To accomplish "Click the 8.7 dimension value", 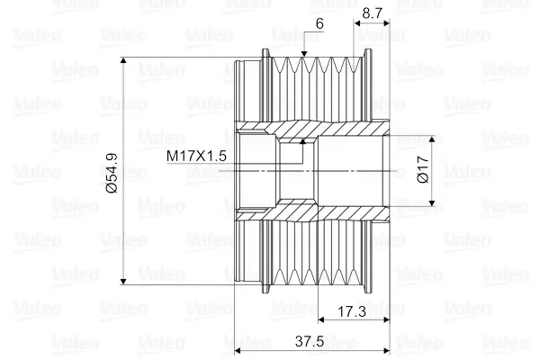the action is (373, 13).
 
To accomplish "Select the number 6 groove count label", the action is (319, 23).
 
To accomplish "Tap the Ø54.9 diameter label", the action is (112, 174).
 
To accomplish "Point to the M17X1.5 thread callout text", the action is (196, 156).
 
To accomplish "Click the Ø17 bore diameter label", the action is (423, 169).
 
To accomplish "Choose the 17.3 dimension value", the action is (352, 311).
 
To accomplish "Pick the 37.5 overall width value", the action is (310, 342).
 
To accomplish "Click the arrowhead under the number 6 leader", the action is (304, 54).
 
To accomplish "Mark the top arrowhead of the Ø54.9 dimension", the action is (124, 60).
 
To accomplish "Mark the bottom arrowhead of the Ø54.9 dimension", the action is (124, 282).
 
